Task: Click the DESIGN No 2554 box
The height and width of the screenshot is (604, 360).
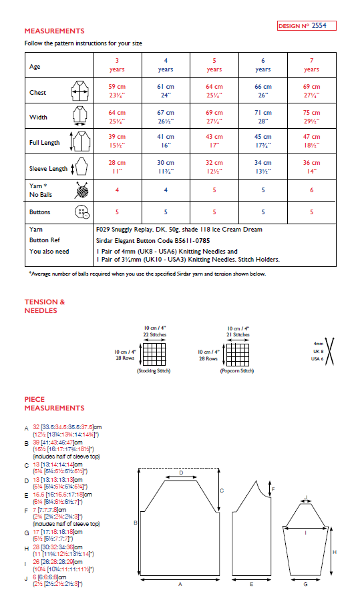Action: point(306,26)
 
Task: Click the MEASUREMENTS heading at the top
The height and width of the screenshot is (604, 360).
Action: point(54,31)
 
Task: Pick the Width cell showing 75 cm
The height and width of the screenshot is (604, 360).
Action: point(311,117)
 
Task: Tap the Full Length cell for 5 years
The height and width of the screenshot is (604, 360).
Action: point(214,141)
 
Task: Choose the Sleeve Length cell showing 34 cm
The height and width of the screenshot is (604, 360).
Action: point(262,166)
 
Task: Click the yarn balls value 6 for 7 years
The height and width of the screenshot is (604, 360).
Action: point(311,190)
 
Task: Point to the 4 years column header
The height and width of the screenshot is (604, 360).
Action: point(166,65)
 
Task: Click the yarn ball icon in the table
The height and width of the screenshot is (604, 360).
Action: point(81,190)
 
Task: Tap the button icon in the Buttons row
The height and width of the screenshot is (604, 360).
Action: point(81,212)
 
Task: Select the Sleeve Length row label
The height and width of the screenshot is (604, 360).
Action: point(48,169)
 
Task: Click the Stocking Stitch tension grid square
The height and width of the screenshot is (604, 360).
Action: point(155,353)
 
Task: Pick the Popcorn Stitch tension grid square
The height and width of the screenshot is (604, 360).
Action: point(238,353)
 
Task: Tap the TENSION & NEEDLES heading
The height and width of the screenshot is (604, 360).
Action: point(45,306)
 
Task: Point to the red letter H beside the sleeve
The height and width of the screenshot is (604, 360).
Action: point(334,552)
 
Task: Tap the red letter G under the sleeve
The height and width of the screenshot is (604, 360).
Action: point(305,584)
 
